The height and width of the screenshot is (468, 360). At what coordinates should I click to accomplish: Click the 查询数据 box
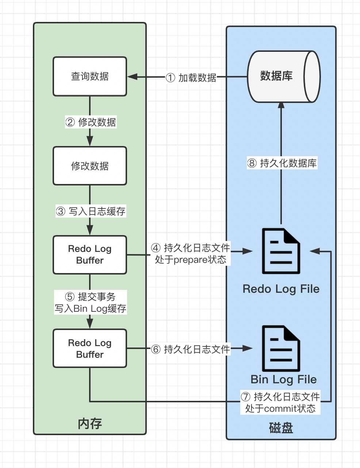[x=90, y=76]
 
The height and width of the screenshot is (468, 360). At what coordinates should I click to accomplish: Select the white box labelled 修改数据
[x=90, y=166]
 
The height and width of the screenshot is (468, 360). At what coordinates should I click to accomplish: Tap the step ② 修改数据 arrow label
[x=91, y=122]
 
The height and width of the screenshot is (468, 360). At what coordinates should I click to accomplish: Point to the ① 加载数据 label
[x=191, y=78]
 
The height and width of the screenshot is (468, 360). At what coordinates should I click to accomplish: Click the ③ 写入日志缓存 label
[x=91, y=211]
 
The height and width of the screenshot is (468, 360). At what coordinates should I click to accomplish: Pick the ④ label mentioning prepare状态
[x=191, y=254]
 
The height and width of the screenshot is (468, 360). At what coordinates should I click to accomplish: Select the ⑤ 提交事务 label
[x=91, y=303]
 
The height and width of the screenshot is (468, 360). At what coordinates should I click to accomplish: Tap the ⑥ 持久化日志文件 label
[x=191, y=349]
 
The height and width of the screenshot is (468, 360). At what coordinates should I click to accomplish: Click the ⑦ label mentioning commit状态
[x=280, y=402]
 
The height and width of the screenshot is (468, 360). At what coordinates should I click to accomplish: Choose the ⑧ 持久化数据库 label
[x=282, y=163]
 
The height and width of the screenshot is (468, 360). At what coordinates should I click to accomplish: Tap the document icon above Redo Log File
[x=281, y=251]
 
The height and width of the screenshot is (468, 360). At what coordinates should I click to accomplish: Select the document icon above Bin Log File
[x=281, y=349]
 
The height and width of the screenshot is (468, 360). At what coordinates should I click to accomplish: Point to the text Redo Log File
[x=281, y=289]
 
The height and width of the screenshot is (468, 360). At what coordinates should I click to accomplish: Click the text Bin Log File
[x=284, y=379]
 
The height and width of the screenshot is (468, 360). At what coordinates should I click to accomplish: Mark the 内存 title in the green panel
[x=90, y=423]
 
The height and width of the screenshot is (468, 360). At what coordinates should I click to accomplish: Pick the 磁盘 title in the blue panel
[x=281, y=427]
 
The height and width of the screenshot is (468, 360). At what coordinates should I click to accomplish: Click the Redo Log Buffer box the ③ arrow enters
[x=90, y=255]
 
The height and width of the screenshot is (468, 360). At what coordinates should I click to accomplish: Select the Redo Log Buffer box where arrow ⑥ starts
[x=90, y=349]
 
